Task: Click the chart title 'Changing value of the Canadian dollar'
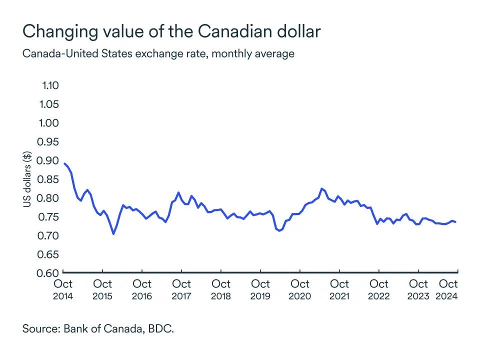[x=171, y=31]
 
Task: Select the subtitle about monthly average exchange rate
[x=158, y=53]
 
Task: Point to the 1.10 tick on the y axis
[x=49, y=85]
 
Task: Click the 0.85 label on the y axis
[x=48, y=179]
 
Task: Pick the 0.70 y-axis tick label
[x=48, y=235]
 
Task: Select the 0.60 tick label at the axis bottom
[x=48, y=273]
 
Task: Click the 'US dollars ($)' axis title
[x=28, y=179]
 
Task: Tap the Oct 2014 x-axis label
[x=63, y=289]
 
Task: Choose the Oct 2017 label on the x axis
[x=181, y=289]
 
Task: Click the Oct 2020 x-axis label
[x=299, y=289]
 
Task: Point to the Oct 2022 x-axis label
[x=378, y=289]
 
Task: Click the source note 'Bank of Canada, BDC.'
[x=98, y=330]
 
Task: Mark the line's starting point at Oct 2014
[x=65, y=163]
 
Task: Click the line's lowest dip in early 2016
[x=113, y=233]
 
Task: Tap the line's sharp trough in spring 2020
[x=279, y=230]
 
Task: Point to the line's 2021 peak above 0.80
[x=321, y=188]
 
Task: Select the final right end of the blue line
[x=455, y=221]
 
